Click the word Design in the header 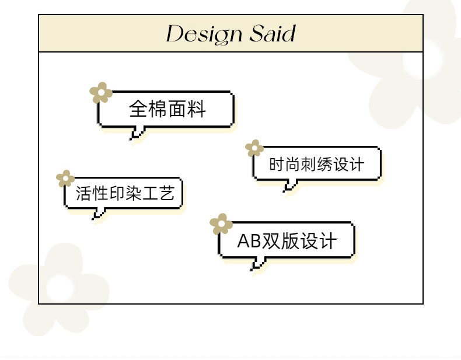coord(204,34)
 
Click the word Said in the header coord(273,33)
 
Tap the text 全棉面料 coord(167,109)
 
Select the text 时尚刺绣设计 coord(317,164)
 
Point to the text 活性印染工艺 coord(125,193)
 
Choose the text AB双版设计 coord(287,241)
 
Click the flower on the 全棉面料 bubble coord(101,93)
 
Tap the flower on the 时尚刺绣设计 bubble coord(254,148)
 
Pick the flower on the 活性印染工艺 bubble coord(65,179)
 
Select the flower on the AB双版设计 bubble coord(221,224)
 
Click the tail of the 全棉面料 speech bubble coord(137,133)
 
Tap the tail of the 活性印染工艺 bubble coord(99,214)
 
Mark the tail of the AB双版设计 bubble coord(258,264)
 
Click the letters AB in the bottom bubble coord(249,241)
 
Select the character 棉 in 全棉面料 coord(158,109)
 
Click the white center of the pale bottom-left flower coord(60,288)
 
